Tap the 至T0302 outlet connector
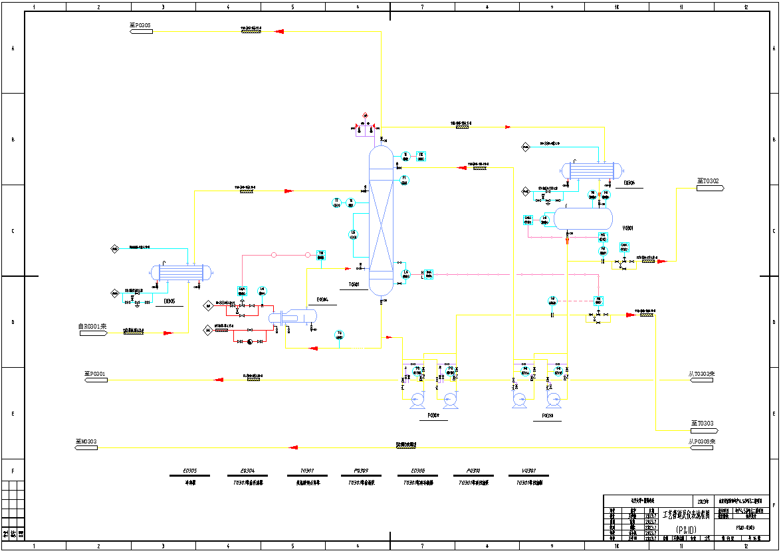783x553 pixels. pyautogui.click(x=710, y=188)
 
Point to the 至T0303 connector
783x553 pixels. pyautogui.click(x=704, y=430)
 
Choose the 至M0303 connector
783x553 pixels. pyautogui.click(x=87, y=447)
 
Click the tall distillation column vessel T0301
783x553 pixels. pyautogui.click(x=381, y=221)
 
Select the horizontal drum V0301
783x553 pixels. pyautogui.click(x=583, y=218)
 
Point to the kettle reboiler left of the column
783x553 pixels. pyautogui.click(x=292, y=317)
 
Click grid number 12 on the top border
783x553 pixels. pyautogui.click(x=746, y=7)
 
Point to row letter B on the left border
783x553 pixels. pyautogui.click(x=13, y=139)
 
